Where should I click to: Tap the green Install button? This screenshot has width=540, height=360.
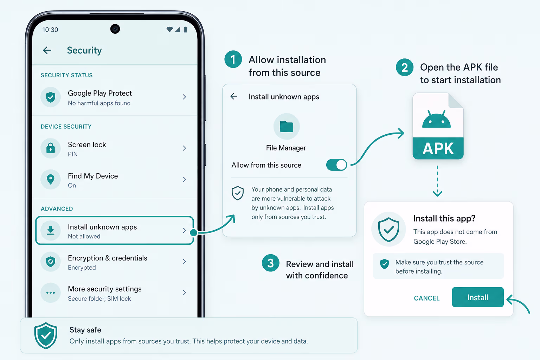pyautogui.click(x=477, y=297)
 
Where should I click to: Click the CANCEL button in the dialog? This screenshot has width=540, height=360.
pyautogui.click(x=427, y=298)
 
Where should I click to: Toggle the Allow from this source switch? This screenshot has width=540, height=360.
pyautogui.click(x=336, y=165)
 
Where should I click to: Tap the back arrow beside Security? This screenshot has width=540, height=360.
pyautogui.click(x=47, y=50)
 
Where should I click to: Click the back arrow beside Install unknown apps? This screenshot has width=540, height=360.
pyautogui.click(x=233, y=96)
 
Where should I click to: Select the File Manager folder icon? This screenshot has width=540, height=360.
pyautogui.click(x=287, y=126)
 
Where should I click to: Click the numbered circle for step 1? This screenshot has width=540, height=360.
pyautogui.click(x=233, y=59)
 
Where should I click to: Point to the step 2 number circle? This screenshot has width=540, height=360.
pyautogui.click(x=405, y=67)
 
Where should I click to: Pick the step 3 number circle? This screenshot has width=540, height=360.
pyautogui.click(x=270, y=263)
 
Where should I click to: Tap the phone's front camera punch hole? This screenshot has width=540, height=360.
pyautogui.click(x=115, y=29)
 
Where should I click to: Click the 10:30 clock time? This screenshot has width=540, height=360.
pyautogui.click(x=50, y=30)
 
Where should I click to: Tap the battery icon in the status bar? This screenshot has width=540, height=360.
pyautogui.click(x=185, y=30)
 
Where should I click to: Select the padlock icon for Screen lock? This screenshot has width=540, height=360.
pyautogui.click(x=51, y=148)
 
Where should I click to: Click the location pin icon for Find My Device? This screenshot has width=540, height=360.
pyautogui.click(x=51, y=179)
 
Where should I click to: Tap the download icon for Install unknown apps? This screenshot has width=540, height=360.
pyautogui.click(x=51, y=231)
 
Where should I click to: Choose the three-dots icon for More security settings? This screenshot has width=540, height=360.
pyautogui.click(x=51, y=293)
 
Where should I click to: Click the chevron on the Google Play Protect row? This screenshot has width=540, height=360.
pyautogui.click(x=185, y=97)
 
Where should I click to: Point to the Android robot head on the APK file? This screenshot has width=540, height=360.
pyautogui.click(x=436, y=119)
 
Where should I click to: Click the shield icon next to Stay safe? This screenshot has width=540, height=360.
pyautogui.click(x=46, y=335)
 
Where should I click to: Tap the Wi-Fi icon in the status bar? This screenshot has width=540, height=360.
pyautogui.click(x=170, y=30)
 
